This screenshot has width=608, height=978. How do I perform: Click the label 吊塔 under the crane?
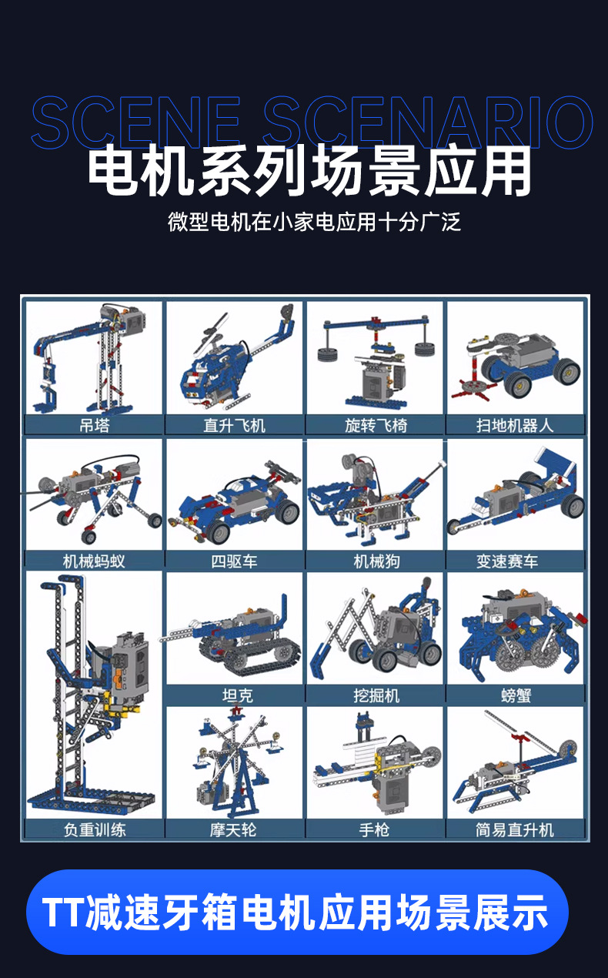(x=94, y=425)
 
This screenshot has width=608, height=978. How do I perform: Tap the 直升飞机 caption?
(x=234, y=425)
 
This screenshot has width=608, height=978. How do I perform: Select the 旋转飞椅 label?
(x=376, y=425)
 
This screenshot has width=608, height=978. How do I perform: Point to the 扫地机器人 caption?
(x=515, y=425)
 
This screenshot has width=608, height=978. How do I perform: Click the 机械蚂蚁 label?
(x=94, y=561)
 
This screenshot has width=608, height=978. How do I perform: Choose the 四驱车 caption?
(x=234, y=561)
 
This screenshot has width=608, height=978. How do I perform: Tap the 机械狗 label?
(x=376, y=561)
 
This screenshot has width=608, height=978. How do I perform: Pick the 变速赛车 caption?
(x=506, y=561)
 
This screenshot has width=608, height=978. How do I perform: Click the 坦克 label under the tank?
(x=238, y=695)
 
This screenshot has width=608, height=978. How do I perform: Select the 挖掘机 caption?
(x=376, y=695)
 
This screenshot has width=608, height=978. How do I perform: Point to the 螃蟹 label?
(x=516, y=695)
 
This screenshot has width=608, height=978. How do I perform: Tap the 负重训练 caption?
(x=95, y=830)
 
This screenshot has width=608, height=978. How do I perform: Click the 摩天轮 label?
(x=233, y=830)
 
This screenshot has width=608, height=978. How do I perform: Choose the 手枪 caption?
(x=374, y=830)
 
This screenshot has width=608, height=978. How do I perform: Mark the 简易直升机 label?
(x=515, y=830)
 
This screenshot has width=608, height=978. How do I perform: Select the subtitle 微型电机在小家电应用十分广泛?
(x=314, y=222)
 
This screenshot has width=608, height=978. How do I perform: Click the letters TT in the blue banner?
(x=63, y=912)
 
